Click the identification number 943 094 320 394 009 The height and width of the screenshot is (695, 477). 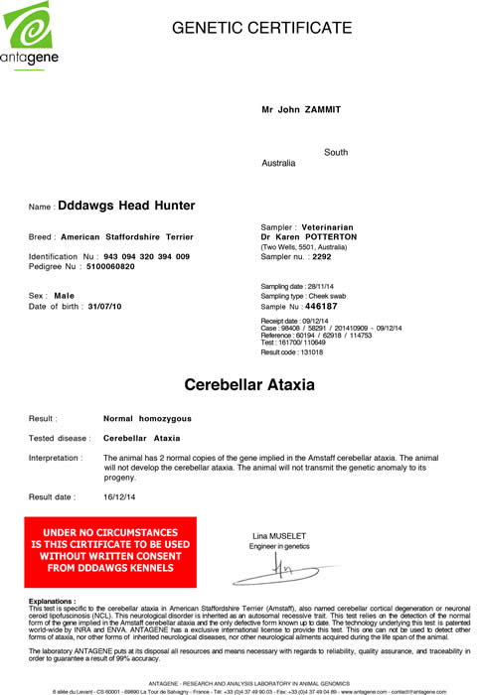click(139, 256)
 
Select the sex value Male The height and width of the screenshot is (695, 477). click(65, 296)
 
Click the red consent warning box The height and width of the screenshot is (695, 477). click(110, 552)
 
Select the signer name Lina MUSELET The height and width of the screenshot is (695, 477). click(281, 537)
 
